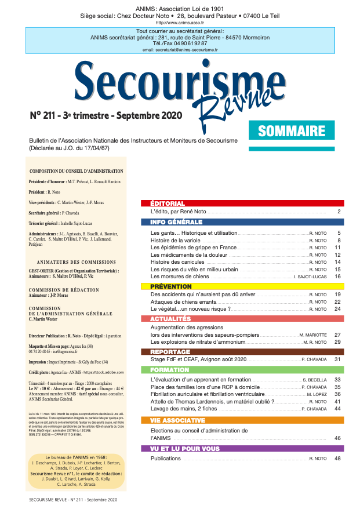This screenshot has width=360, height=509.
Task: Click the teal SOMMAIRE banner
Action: coord(292,130)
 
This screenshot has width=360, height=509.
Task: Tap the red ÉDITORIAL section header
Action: coord(242,203)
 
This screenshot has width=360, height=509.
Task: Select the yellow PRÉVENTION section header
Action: coord(242,286)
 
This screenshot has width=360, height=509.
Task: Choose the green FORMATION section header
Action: coord(242,369)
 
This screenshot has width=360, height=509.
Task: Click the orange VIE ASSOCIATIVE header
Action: coord(242,420)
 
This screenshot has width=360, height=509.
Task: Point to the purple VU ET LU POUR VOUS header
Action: coord(242,449)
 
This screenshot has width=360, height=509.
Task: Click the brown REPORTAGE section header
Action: coord(242,351)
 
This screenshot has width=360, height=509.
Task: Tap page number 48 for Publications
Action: coord(337,459)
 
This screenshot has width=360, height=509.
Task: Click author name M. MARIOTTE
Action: coord(313,335)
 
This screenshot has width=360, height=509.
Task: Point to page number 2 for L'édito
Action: coord(339,213)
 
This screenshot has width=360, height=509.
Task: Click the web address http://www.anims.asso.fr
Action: coord(180,23)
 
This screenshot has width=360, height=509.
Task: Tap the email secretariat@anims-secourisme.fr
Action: coord(180,50)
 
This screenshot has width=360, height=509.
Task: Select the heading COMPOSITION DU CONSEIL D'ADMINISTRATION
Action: coord(76,172)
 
